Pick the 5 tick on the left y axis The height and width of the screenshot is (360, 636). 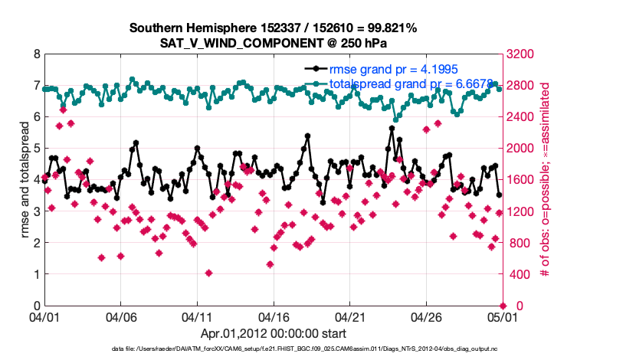click(x=37, y=149)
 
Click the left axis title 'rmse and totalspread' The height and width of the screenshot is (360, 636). click(x=25, y=180)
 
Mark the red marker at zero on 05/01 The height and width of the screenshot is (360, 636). click(x=503, y=306)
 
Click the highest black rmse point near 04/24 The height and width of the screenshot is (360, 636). click(x=392, y=129)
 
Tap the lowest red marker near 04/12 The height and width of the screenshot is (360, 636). click(x=208, y=273)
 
